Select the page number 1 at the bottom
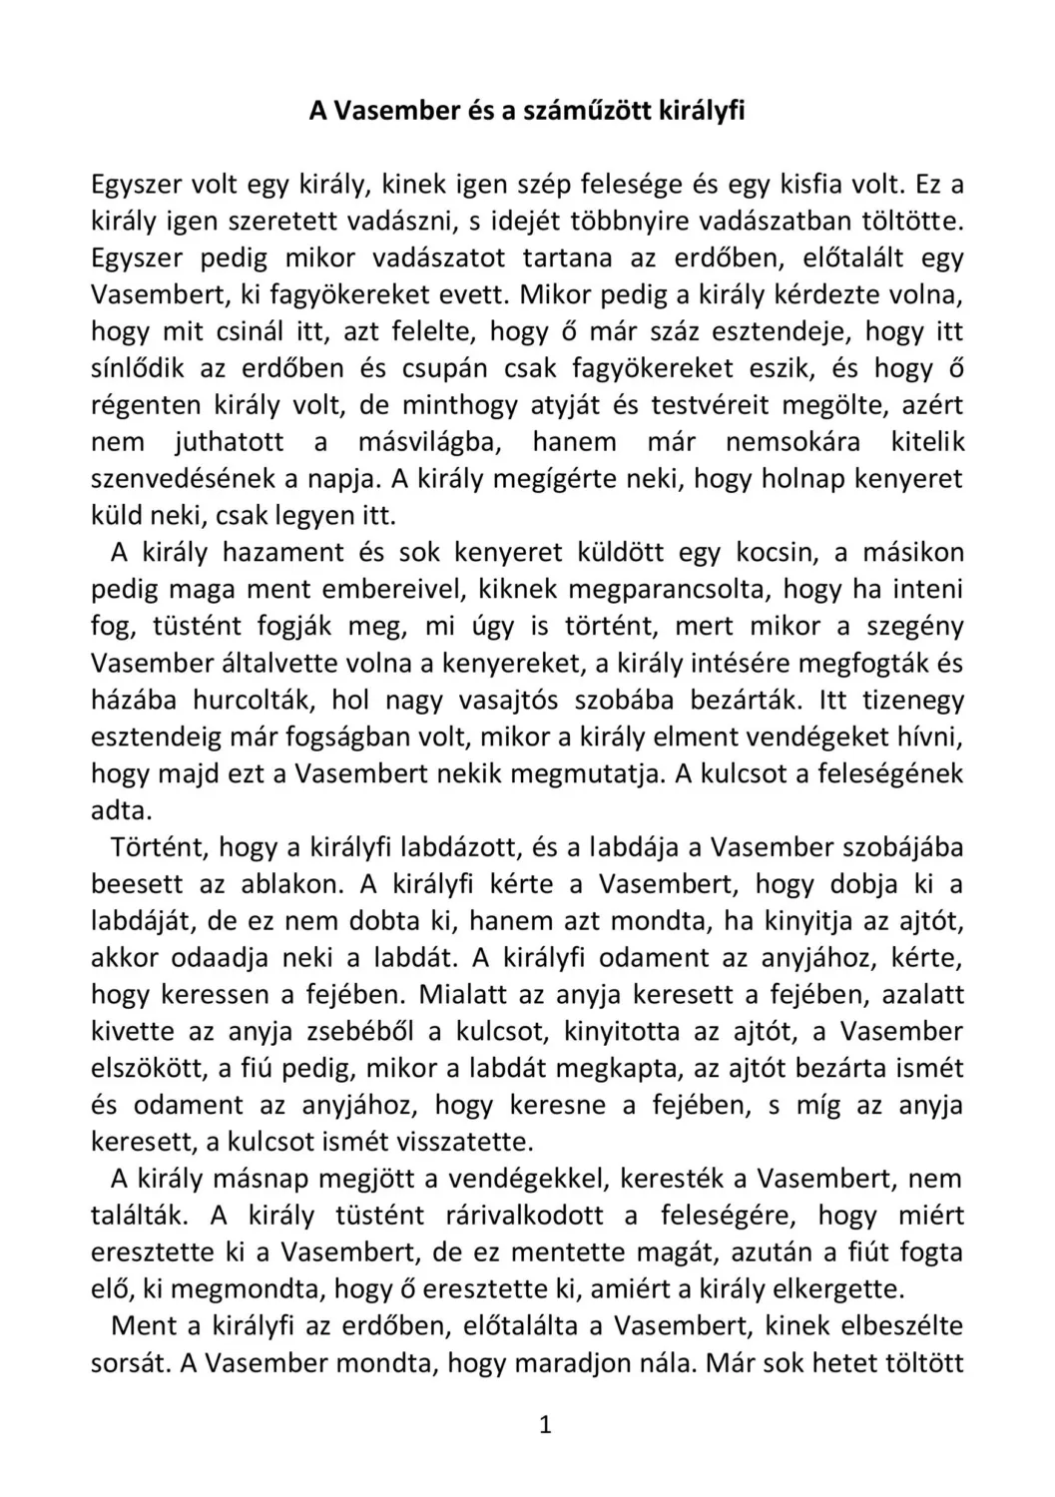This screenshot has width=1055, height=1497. [545, 1425]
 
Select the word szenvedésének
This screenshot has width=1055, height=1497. [182, 479]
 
